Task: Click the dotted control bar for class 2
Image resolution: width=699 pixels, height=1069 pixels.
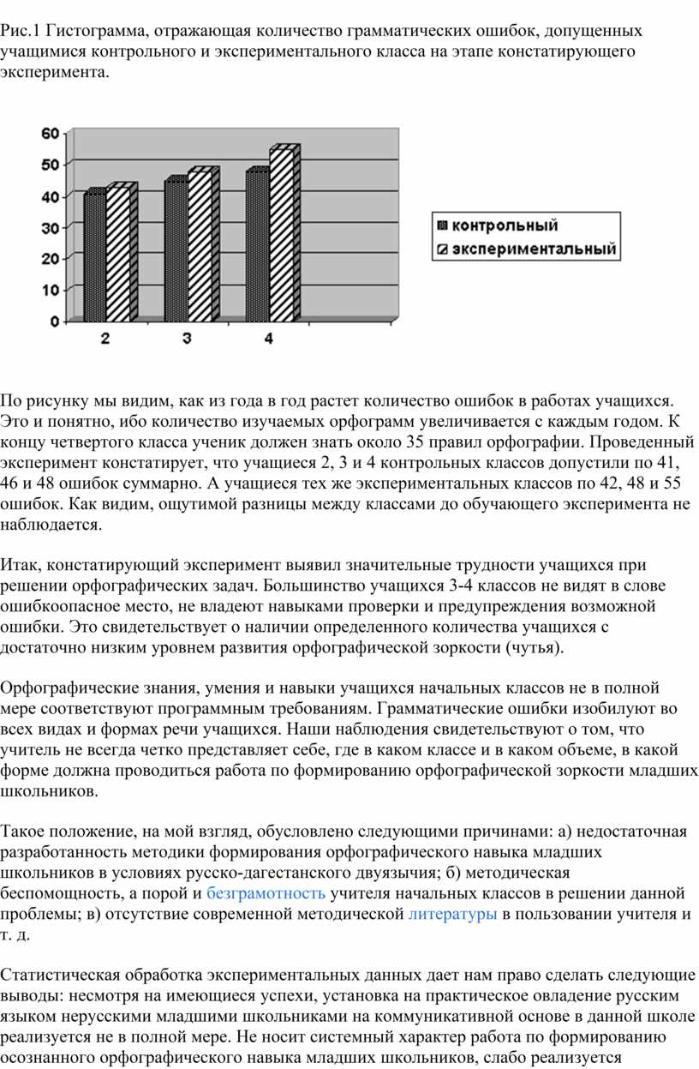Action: click(94, 255)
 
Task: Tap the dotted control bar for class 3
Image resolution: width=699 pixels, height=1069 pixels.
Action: click(175, 249)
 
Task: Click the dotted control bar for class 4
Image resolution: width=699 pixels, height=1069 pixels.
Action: click(256, 245)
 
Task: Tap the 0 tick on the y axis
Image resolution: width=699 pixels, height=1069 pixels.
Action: click(54, 321)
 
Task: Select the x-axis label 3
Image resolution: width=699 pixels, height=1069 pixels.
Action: click(187, 339)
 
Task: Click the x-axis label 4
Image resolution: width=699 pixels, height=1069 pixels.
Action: click(268, 339)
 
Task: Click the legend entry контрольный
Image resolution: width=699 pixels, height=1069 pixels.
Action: click(505, 226)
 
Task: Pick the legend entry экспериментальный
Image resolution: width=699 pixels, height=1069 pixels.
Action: click(534, 250)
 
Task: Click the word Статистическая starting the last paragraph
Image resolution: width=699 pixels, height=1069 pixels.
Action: click(59, 976)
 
